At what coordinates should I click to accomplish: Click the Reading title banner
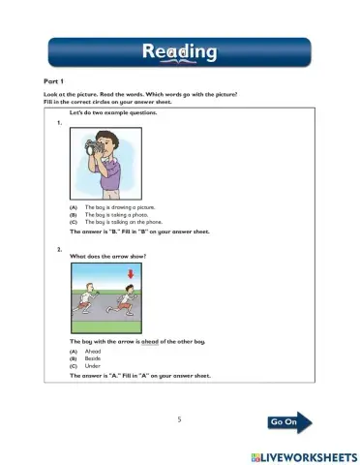179,50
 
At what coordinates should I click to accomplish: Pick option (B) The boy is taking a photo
113,216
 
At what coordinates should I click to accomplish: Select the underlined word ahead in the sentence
149,343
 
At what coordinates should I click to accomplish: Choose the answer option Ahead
93,352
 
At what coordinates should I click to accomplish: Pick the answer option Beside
93,359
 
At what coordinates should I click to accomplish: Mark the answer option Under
92,367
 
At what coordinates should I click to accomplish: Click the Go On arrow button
290,422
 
